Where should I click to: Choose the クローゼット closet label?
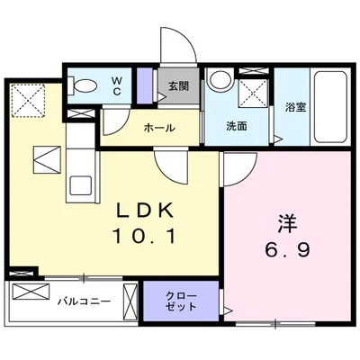pos(181,301)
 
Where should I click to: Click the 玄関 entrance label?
pos(179,87)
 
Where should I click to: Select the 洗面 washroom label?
pos(237,127)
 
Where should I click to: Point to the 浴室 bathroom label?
pos(294,107)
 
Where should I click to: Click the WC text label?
pos(118,84)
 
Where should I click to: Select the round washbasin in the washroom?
pos(218,80)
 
